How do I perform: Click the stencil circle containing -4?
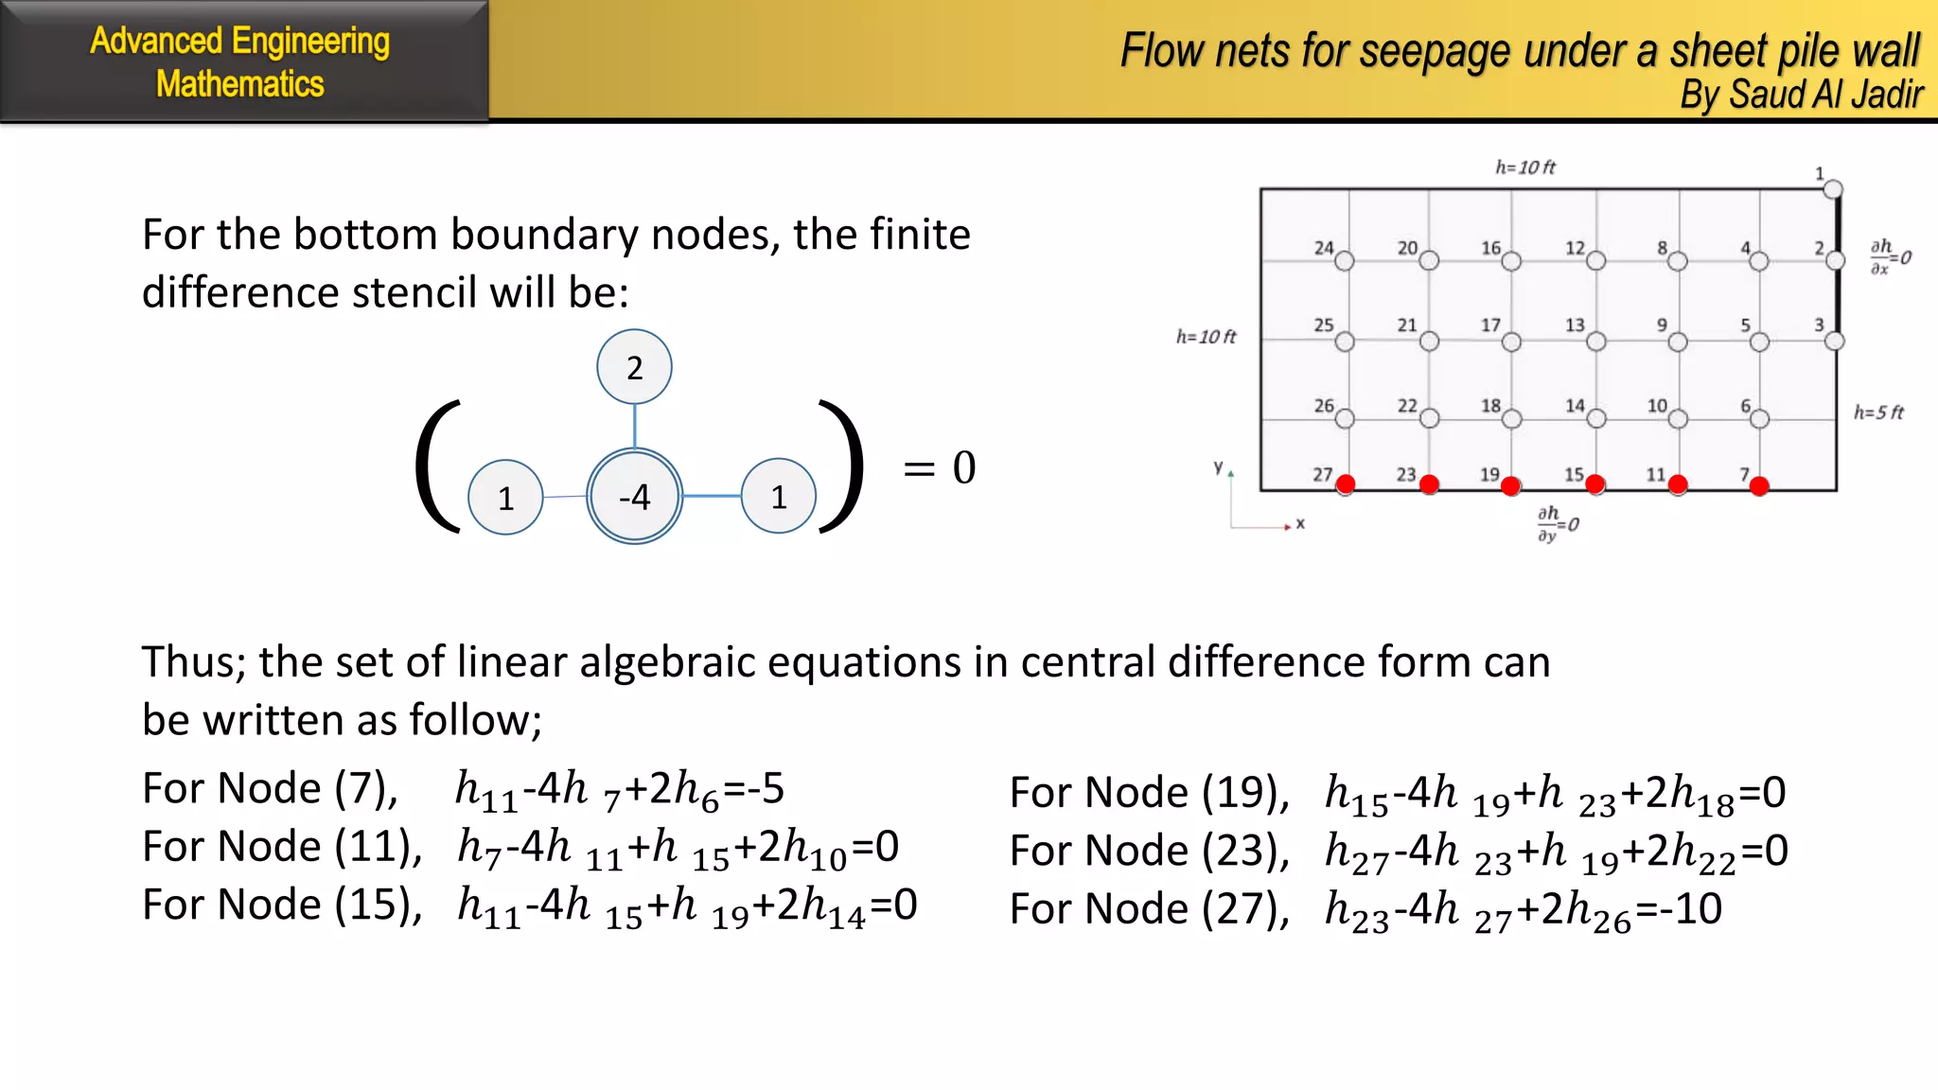click(x=634, y=496)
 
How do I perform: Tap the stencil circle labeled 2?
click(x=634, y=367)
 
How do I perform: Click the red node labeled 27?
click(x=1345, y=484)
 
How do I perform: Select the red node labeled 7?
click(x=1759, y=486)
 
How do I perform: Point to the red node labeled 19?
click(x=1510, y=486)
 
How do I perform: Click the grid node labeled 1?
click(x=1833, y=188)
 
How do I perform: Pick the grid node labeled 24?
click(x=1344, y=261)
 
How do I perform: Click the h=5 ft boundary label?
click(x=1878, y=413)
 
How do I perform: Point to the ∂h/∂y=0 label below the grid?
click(x=1557, y=523)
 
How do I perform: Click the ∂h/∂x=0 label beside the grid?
click(x=1890, y=256)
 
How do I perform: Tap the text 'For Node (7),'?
click(x=270, y=788)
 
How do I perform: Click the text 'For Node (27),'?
click(x=1149, y=909)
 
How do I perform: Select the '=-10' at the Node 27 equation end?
click(x=1678, y=909)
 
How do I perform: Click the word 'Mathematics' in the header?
click(x=240, y=84)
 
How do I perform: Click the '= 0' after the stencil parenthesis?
click(x=939, y=467)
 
